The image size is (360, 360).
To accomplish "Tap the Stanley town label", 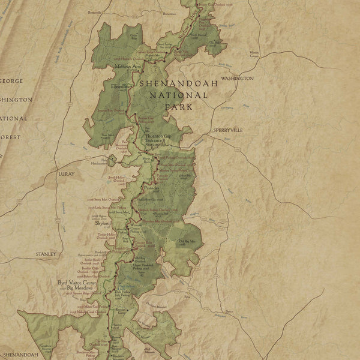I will pos(45,254).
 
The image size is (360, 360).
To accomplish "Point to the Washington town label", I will pos(237,79).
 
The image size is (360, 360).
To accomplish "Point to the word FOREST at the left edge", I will pos(11,137).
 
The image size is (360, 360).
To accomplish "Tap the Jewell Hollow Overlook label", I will pos(118,179).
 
